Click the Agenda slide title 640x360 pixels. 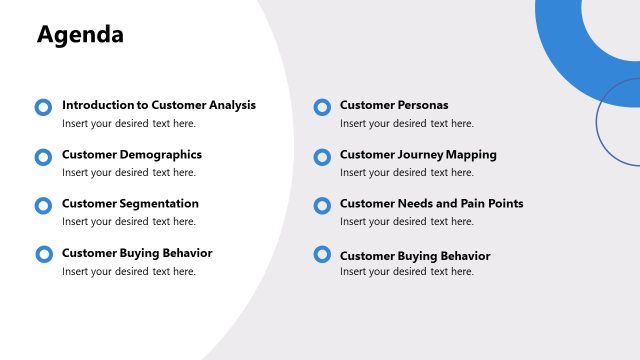pyautogui.click(x=80, y=35)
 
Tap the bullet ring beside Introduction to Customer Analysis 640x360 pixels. pyautogui.click(x=43, y=107)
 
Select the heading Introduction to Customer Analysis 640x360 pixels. pyautogui.click(x=158, y=105)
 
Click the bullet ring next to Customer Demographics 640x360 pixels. pyautogui.click(x=43, y=157)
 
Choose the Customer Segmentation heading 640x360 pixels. pyautogui.click(x=130, y=204)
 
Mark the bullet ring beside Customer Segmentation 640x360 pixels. pyautogui.click(x=43, y=206)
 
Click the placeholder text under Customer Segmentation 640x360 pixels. pyautogui.click(x=128, y=222)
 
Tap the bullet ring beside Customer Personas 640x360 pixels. pyautogui.click(x=322, y=107)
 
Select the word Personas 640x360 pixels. pyautogui.click(x=422, y=105)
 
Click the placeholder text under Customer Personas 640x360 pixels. pyautogui.click(x=406, y=124)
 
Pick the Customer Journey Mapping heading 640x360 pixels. pyautogui.click(x=418, y=155)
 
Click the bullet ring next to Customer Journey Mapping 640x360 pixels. pyautogui.click(x=322, y=157)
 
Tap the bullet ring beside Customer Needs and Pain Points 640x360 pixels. pyautogui.click(x=322, y=206)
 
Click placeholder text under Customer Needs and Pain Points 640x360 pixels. pyautogui.click(x=406, y=222)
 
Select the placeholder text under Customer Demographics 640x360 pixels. pyautogui.click(x=128, y=173)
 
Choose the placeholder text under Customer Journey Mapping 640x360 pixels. pyautogui.click(x=406, y=173)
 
